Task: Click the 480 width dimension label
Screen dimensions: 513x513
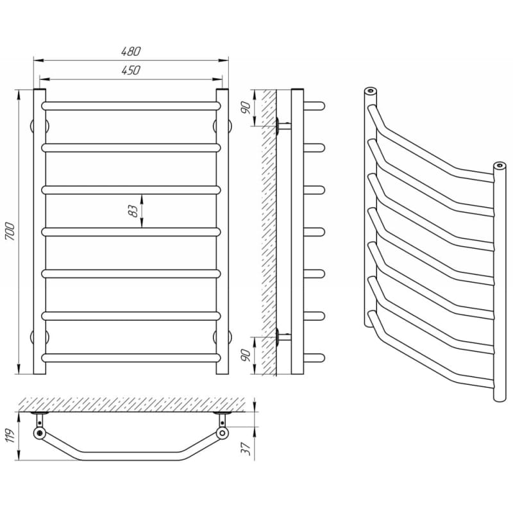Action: click(131, 51)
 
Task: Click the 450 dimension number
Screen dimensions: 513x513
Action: click(131, 71)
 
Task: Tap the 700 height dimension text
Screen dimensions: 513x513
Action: click(10, 231)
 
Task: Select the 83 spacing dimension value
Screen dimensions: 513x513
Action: click(133, 211)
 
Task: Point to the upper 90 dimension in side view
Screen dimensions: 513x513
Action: click(246, 108)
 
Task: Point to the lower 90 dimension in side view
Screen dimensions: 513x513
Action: click(246, 355)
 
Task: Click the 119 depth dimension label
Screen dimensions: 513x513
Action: click(10, 436)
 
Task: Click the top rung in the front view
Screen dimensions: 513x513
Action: click(131, 106)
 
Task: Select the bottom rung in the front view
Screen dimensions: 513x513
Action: click(131, 358)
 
